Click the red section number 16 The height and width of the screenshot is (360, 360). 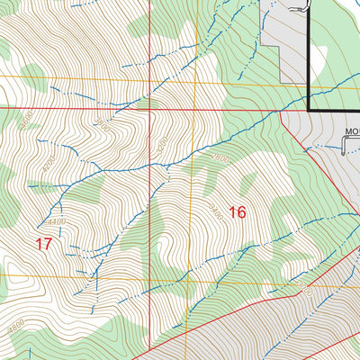click(x=238, y=212)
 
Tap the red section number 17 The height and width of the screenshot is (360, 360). click(x=43, y=243)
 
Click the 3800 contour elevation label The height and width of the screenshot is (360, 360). click(x=106, y=129)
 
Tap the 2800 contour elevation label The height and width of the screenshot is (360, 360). click(x=221, y=158)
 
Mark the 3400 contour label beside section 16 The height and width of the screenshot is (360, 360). click(x=216, y=212)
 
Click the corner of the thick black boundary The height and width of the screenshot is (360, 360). click(x=310, y=110)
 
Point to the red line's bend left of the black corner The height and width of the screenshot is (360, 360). click(x=281, y=111)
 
